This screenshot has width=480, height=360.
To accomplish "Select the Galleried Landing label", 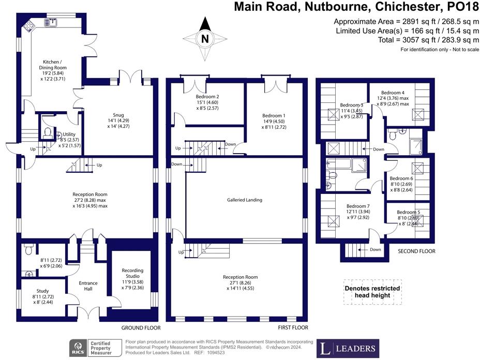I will (245, 200).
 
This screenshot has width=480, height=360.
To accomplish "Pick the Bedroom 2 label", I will (207, 97).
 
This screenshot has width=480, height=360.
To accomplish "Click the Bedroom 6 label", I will (401, 178).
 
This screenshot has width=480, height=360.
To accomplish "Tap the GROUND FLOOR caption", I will (141, 328).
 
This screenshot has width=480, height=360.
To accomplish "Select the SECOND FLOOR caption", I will (416, 251).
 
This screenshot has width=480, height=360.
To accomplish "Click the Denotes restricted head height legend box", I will (372, 292).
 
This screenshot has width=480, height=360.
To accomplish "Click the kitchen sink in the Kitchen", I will (52, 22).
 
